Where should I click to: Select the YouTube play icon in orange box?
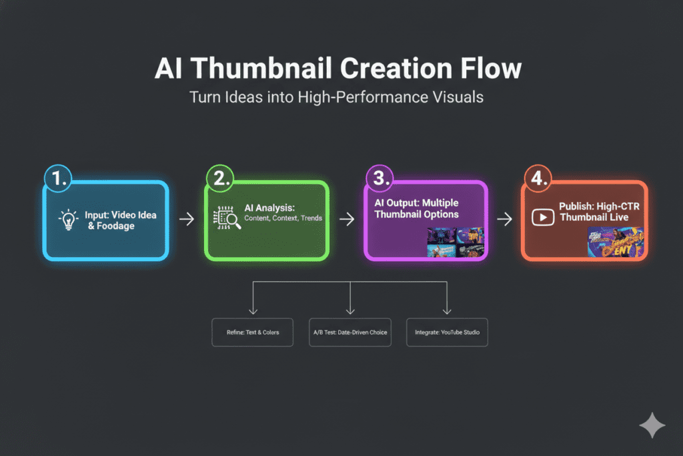click(542, 217)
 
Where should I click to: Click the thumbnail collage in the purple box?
click(456, 242)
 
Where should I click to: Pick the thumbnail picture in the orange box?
click(615, 242)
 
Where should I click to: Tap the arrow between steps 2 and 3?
click(346, 220)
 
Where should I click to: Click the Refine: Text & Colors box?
click(252, 332)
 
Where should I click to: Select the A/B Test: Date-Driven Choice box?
click(350, 332)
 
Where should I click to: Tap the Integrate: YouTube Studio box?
click(447, 332)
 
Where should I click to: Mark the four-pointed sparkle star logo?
click(651, 425)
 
